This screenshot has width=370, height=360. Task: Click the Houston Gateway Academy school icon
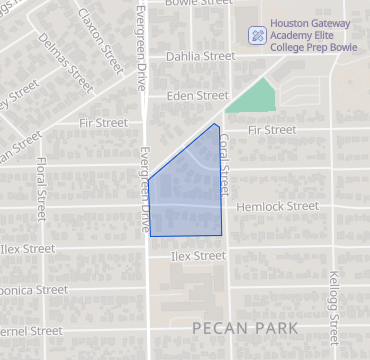pyautogui.click(x=257, y=35)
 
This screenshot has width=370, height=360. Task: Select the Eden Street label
pyautogui.click(x=199, y=96)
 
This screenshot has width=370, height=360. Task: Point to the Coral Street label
pyautogui.click(x=225, y=160)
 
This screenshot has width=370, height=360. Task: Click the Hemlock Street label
pyautogui.click(x=278, y=206)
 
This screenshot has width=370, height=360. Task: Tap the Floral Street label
pyautogui.click(x=40, y=189)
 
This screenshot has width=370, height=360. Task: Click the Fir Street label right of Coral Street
pyautogui.click(x=271, y=130)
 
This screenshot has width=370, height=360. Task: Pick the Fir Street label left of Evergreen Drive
pyautogui.click(x=103, y=122)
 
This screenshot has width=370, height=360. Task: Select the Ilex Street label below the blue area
pyautogui.click(x=197, y=256)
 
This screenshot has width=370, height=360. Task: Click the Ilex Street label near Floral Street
pyautogui.click(x=28, y=248)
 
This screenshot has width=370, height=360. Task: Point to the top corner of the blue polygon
pyautogui.click(x=216, y=124)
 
